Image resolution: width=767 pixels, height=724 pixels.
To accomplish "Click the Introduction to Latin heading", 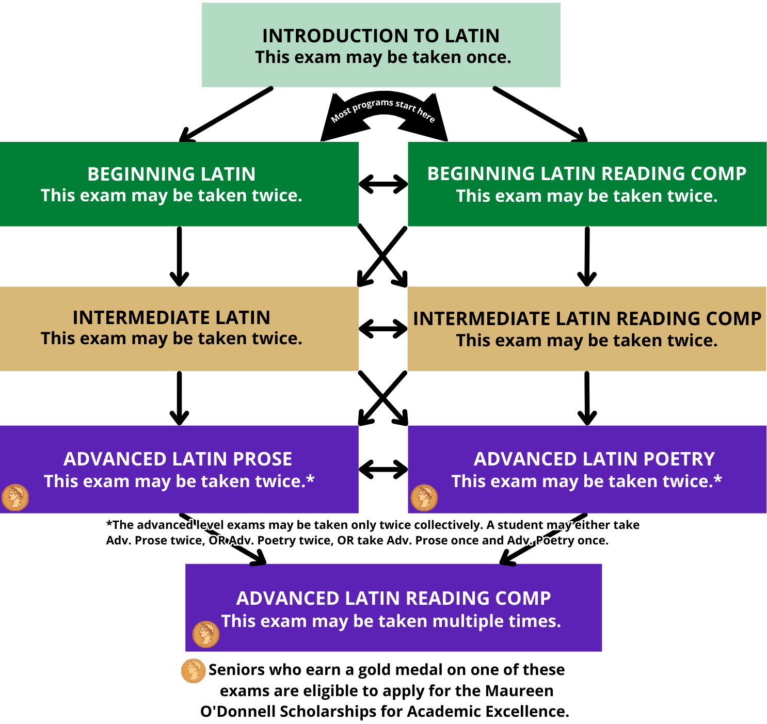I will point(381,36).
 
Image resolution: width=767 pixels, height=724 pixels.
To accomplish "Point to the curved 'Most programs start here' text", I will point(382,109).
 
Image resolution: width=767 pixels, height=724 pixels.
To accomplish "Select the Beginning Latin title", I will point(171,174).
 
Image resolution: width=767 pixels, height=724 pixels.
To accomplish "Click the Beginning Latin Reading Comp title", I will point(587,174).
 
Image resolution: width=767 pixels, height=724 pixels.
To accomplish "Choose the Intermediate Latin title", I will point(171,318).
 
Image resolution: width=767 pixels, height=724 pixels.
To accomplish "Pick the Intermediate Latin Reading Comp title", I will point(587,319).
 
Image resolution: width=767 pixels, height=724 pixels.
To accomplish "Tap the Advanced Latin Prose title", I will point(178,459).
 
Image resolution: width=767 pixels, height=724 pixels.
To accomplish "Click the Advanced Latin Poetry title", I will point(594,459).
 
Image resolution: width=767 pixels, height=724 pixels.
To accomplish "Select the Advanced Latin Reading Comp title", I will point(393,599).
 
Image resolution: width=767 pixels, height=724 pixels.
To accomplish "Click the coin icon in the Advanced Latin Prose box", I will point(15,497).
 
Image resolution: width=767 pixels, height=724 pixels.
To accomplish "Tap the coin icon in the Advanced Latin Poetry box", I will point(424,497).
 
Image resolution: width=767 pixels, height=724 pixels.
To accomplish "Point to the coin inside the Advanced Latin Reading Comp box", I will point(206,634).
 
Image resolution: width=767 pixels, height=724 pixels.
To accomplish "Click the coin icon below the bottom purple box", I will point(194,671).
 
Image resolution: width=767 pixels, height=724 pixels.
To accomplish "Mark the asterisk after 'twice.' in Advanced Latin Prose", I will point(310,479).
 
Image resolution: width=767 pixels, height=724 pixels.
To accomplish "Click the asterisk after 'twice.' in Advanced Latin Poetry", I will point(717,479).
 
